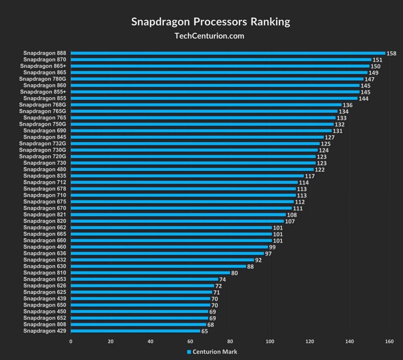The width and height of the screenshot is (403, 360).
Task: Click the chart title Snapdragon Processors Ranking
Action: tap(211, 22)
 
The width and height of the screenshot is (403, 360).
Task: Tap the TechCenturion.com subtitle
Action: tap(209, 36)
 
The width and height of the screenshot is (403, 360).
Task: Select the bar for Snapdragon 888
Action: tap(228, 53)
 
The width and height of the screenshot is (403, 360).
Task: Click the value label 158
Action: tap(392, 53)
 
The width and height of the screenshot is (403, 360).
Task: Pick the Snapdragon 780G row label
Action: tap(43, 79)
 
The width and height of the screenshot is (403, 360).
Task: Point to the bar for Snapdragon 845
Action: tap(197, 137)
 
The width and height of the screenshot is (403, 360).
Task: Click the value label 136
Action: tap(348, 105)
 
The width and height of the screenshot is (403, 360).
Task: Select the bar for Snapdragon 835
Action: tap(187, 176)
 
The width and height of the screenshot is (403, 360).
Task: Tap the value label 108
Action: tap(292, 215)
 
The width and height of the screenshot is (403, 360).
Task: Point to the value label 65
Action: tap(205, 331)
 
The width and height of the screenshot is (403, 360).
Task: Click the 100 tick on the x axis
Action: tap(270, 341)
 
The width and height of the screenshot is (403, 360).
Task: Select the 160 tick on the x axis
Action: tap(390, 341)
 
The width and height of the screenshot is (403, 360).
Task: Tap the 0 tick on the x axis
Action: tap(71, 341)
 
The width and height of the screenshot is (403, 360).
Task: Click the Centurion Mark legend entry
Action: tap(212, 352)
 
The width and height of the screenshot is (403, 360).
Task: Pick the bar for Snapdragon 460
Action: tap(169, 247)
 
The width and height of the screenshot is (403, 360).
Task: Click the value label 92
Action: tap(259, 260)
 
